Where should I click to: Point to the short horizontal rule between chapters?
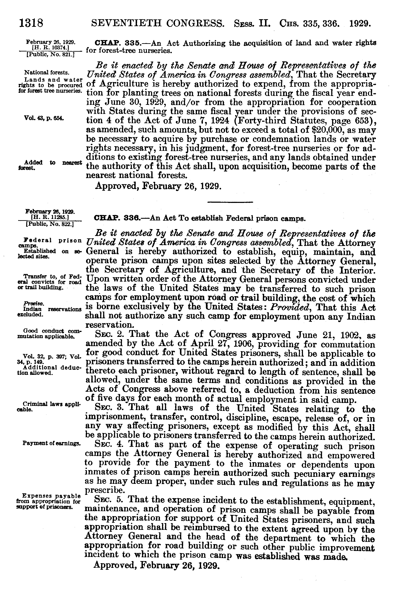(230, 202)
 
